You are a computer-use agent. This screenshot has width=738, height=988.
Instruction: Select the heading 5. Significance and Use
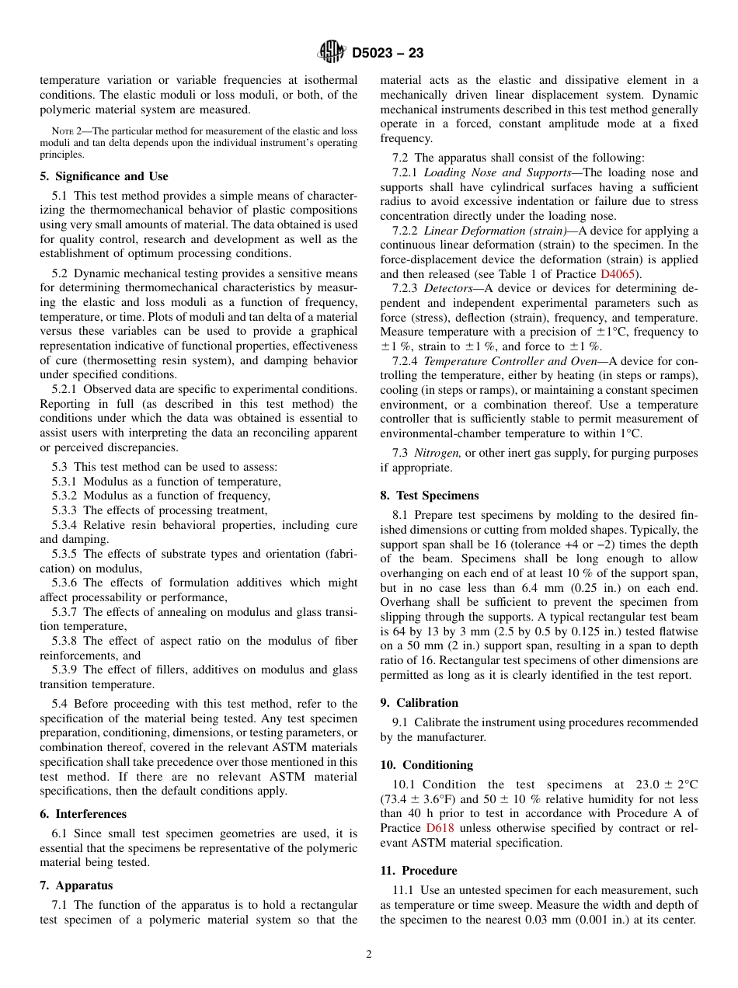(103, 176)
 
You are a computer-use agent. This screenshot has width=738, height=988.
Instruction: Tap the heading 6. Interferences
(83, 814)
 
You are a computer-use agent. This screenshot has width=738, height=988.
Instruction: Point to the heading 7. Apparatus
(76, 885)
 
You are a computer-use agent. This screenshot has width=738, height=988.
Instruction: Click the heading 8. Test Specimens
(429, 496)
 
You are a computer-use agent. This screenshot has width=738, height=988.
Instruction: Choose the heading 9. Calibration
(419, 703)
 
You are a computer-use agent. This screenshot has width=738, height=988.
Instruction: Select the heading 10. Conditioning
(426, 765)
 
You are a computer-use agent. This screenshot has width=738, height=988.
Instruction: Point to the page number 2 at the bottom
(369, 955)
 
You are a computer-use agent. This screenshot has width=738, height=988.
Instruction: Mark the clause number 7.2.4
(405, 361)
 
